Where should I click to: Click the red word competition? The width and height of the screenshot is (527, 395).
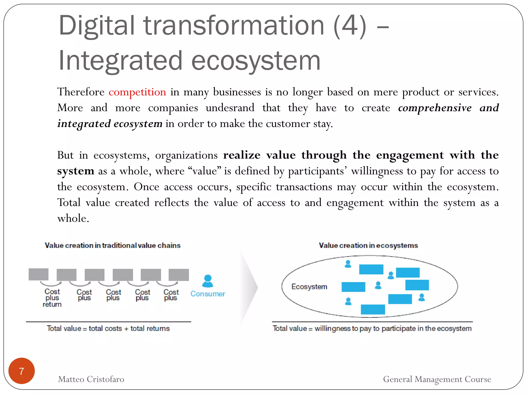[137, 92]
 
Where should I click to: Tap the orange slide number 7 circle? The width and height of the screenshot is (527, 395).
[22, 371]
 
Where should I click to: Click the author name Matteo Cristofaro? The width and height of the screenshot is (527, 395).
[91, 379]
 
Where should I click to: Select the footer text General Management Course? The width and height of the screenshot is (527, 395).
[437, 379]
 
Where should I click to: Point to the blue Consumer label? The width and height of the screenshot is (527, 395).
[208, 294]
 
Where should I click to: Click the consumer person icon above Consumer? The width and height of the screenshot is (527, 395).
[208, 281]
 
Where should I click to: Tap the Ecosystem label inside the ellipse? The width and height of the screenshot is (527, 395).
[309, 286]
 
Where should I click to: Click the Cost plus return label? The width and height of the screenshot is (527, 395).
[52, 298]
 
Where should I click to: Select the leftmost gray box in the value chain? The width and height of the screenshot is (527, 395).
[39, 274]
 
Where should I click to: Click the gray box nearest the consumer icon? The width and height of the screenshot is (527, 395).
[179, 275]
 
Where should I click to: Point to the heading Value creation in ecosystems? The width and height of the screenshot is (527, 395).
[368, 245]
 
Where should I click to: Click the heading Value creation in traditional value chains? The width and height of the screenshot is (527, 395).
[112, 245]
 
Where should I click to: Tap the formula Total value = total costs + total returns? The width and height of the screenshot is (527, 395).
[108, 328]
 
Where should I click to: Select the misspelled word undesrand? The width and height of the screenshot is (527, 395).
[230, 108]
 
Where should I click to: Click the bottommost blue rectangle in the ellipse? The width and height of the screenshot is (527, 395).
[373, 309]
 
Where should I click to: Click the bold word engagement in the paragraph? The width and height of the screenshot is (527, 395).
[410, 155]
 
